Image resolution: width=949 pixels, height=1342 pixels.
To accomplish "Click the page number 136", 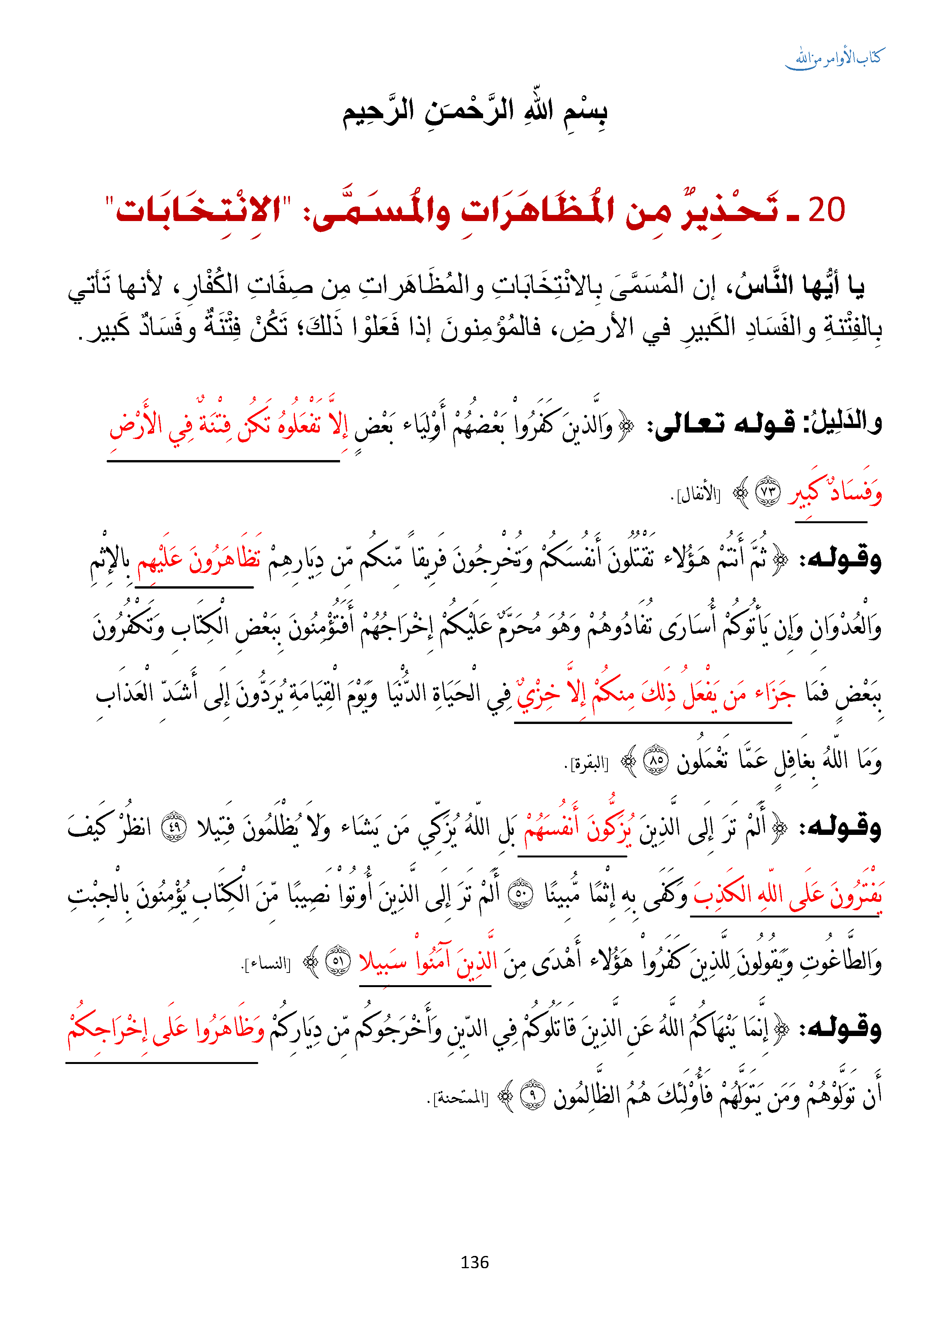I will point(474,1262).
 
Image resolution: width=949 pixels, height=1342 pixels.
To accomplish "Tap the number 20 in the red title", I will point(826,210).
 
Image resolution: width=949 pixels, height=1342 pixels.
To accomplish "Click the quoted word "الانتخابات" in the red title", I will point(199,210).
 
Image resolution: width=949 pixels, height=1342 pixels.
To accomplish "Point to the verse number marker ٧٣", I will point(767,492).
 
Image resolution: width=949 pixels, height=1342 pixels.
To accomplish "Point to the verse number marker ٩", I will point(533,1096).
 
